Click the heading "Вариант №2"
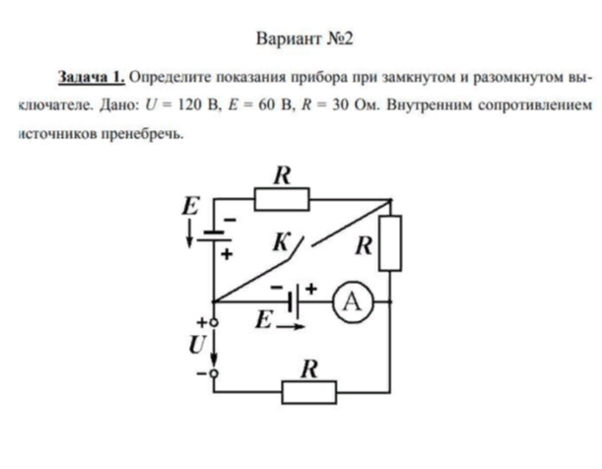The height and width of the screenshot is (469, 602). coord(302,39)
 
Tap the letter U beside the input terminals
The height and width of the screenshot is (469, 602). coord(196,346)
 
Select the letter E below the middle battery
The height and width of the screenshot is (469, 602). coord(262,320)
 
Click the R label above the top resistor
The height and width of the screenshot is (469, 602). coord(283,176)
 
